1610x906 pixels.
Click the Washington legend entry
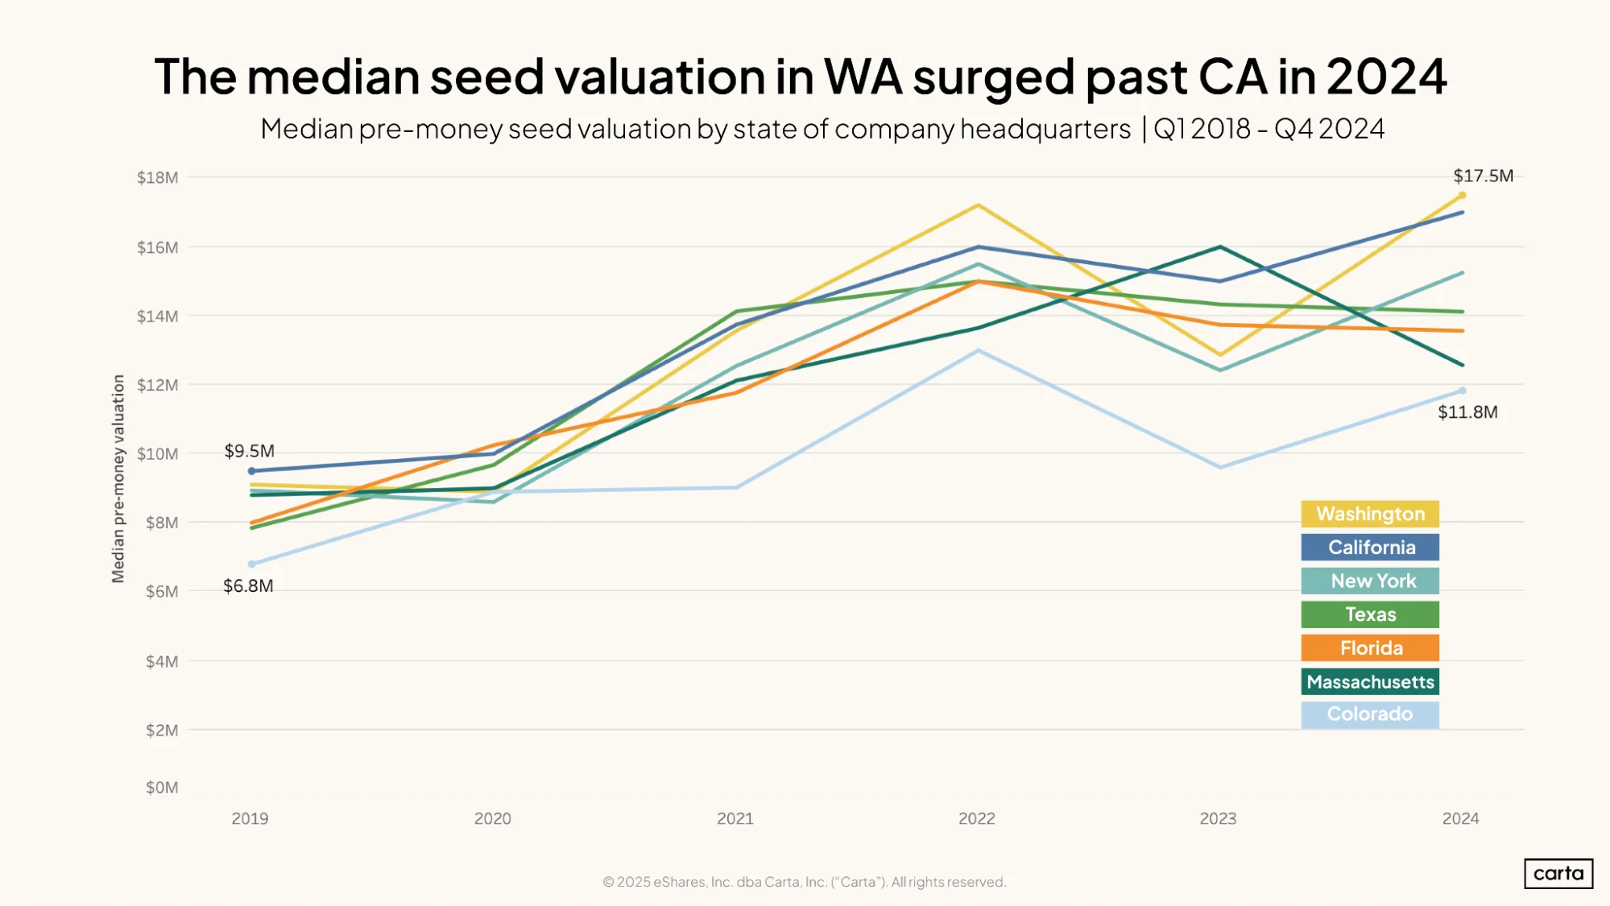(1370, 514)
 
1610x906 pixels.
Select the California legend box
(1370, 548)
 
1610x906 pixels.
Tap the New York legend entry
(1370, 581)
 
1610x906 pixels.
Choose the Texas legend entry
(1370, 614)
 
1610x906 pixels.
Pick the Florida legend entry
(1370, 648)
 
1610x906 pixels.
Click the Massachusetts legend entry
(1370, 681)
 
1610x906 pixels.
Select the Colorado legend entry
(1370, 715)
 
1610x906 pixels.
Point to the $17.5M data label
(1483, 176)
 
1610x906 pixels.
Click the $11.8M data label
(1467, 412)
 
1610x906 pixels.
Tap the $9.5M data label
(249, 451)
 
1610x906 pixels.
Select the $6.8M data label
(248, 586)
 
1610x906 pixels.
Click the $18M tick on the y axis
(158, 177)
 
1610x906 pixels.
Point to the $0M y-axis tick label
(162, 788)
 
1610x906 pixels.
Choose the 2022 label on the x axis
(977, 818)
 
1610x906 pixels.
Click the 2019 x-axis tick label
(250, 818)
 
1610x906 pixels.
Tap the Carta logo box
(1558, 874)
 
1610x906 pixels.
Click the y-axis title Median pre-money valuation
(118, 478)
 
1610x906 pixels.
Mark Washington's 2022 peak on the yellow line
(978, 205)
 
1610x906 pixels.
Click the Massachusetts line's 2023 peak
(1220, 246)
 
